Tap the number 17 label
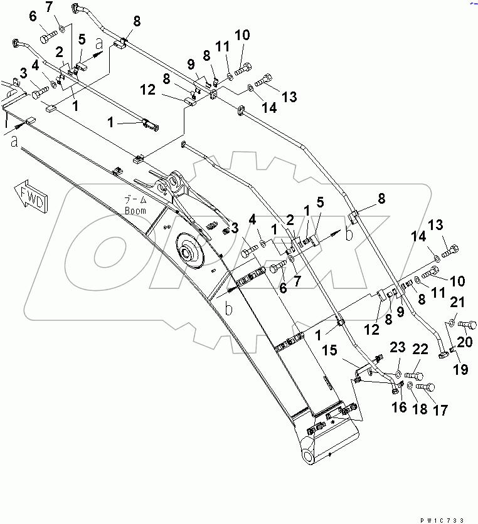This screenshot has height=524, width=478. (440, 411)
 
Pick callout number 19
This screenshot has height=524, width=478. (460, 370)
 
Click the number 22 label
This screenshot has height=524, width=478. (420, 349)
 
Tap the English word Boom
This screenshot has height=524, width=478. (135, 211)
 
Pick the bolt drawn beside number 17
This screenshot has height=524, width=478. (425, 387)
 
